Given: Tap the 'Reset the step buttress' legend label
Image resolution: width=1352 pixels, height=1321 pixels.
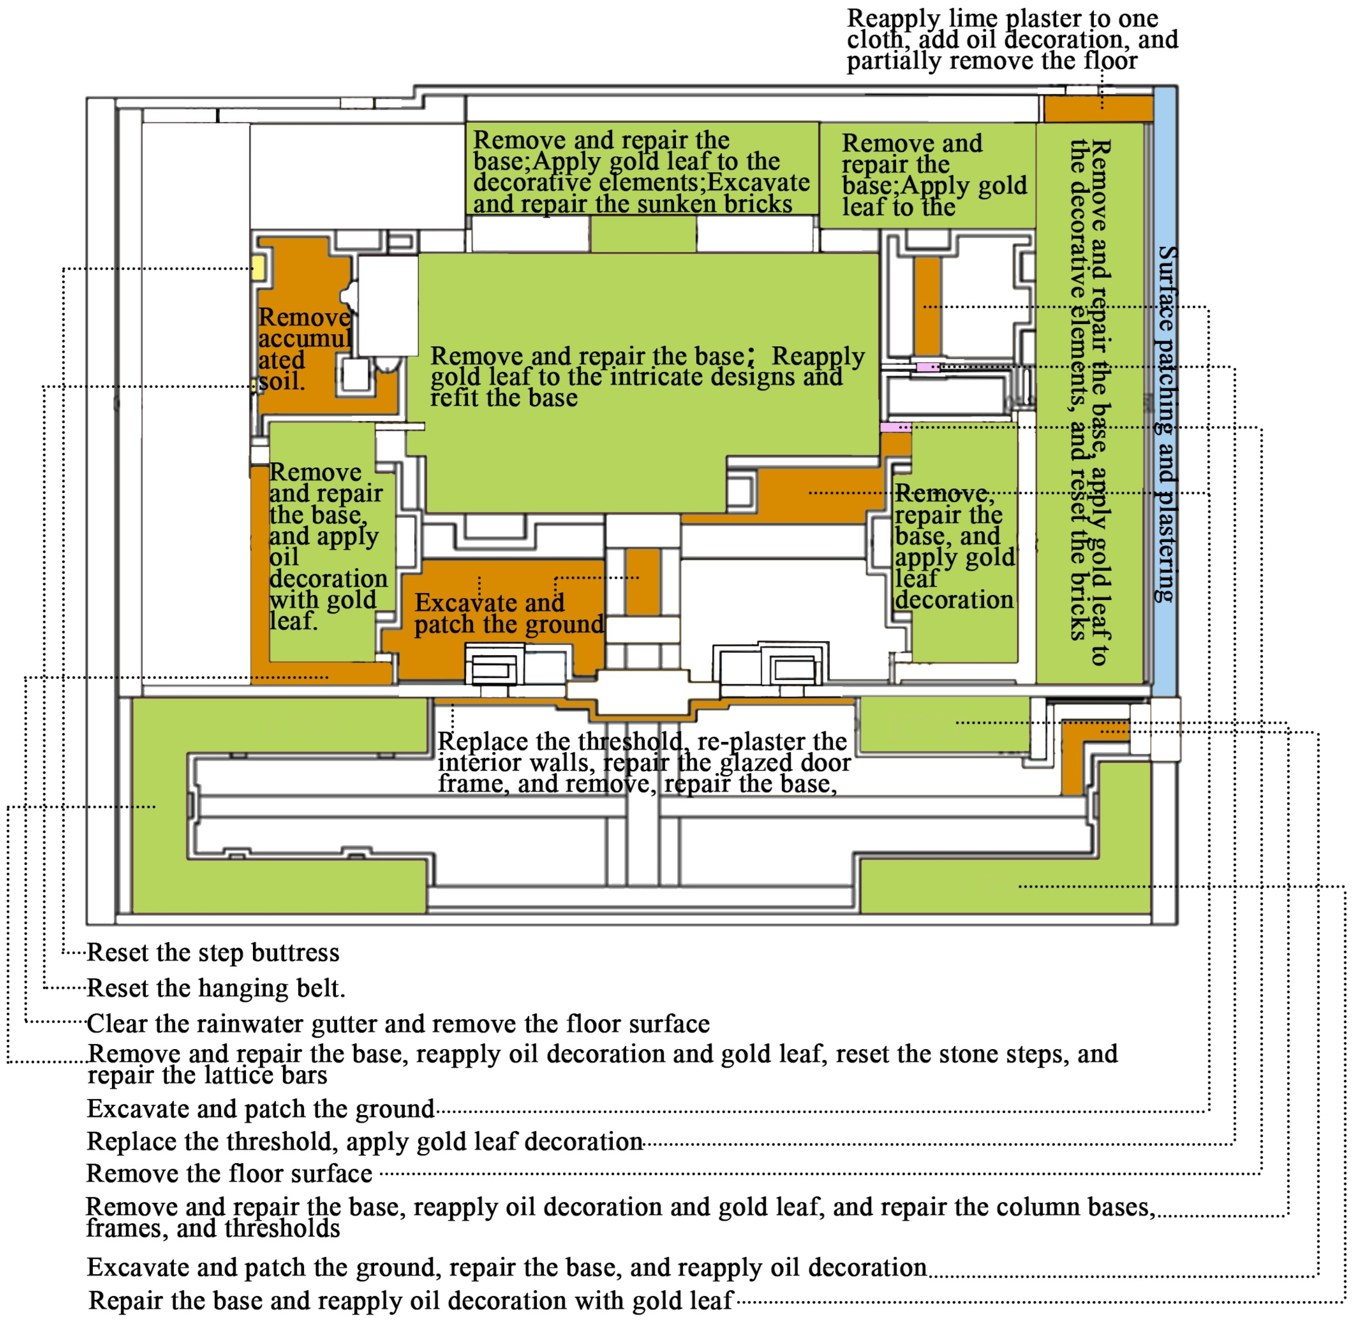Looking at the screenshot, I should tap(213, 952).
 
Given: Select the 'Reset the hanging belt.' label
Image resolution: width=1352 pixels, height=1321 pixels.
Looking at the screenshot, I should tap(216, 988).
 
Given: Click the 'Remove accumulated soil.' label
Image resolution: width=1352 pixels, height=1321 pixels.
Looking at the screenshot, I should tap(304, 349).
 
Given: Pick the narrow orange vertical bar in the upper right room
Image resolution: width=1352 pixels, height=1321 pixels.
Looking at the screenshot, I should tap(927, 305).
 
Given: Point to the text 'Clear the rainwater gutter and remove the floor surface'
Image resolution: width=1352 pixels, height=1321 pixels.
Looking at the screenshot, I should tap(397, 1023).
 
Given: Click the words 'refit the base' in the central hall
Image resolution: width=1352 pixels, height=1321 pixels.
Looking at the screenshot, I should tap(504, 398).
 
